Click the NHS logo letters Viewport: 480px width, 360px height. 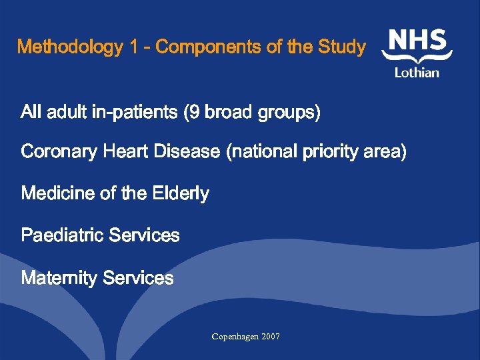(418, 41)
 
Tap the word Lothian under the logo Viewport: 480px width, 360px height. (417, 73)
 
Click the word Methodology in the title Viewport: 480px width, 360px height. (70, 47)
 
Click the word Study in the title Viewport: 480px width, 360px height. (341, 47)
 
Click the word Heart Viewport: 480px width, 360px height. (127, 152)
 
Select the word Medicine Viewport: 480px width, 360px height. (58, 193)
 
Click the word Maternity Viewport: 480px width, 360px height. (59, 278)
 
